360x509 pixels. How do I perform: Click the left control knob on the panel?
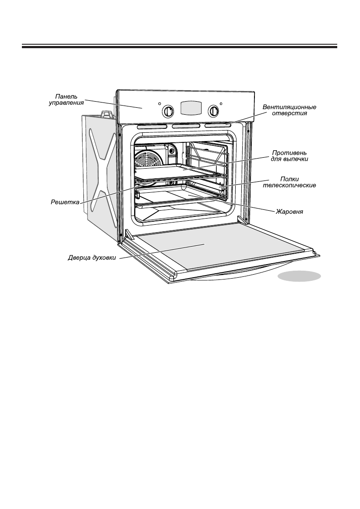pos(168,111)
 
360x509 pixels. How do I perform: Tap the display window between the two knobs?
pos(191,108)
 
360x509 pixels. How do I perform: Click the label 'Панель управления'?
pos(66,99)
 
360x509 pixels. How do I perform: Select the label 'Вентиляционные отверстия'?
pos(289,110)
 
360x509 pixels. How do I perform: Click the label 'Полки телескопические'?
pos(292,182)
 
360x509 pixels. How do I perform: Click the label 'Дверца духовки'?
pos(92,258)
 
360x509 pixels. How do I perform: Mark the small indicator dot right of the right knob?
pos(222,104)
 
